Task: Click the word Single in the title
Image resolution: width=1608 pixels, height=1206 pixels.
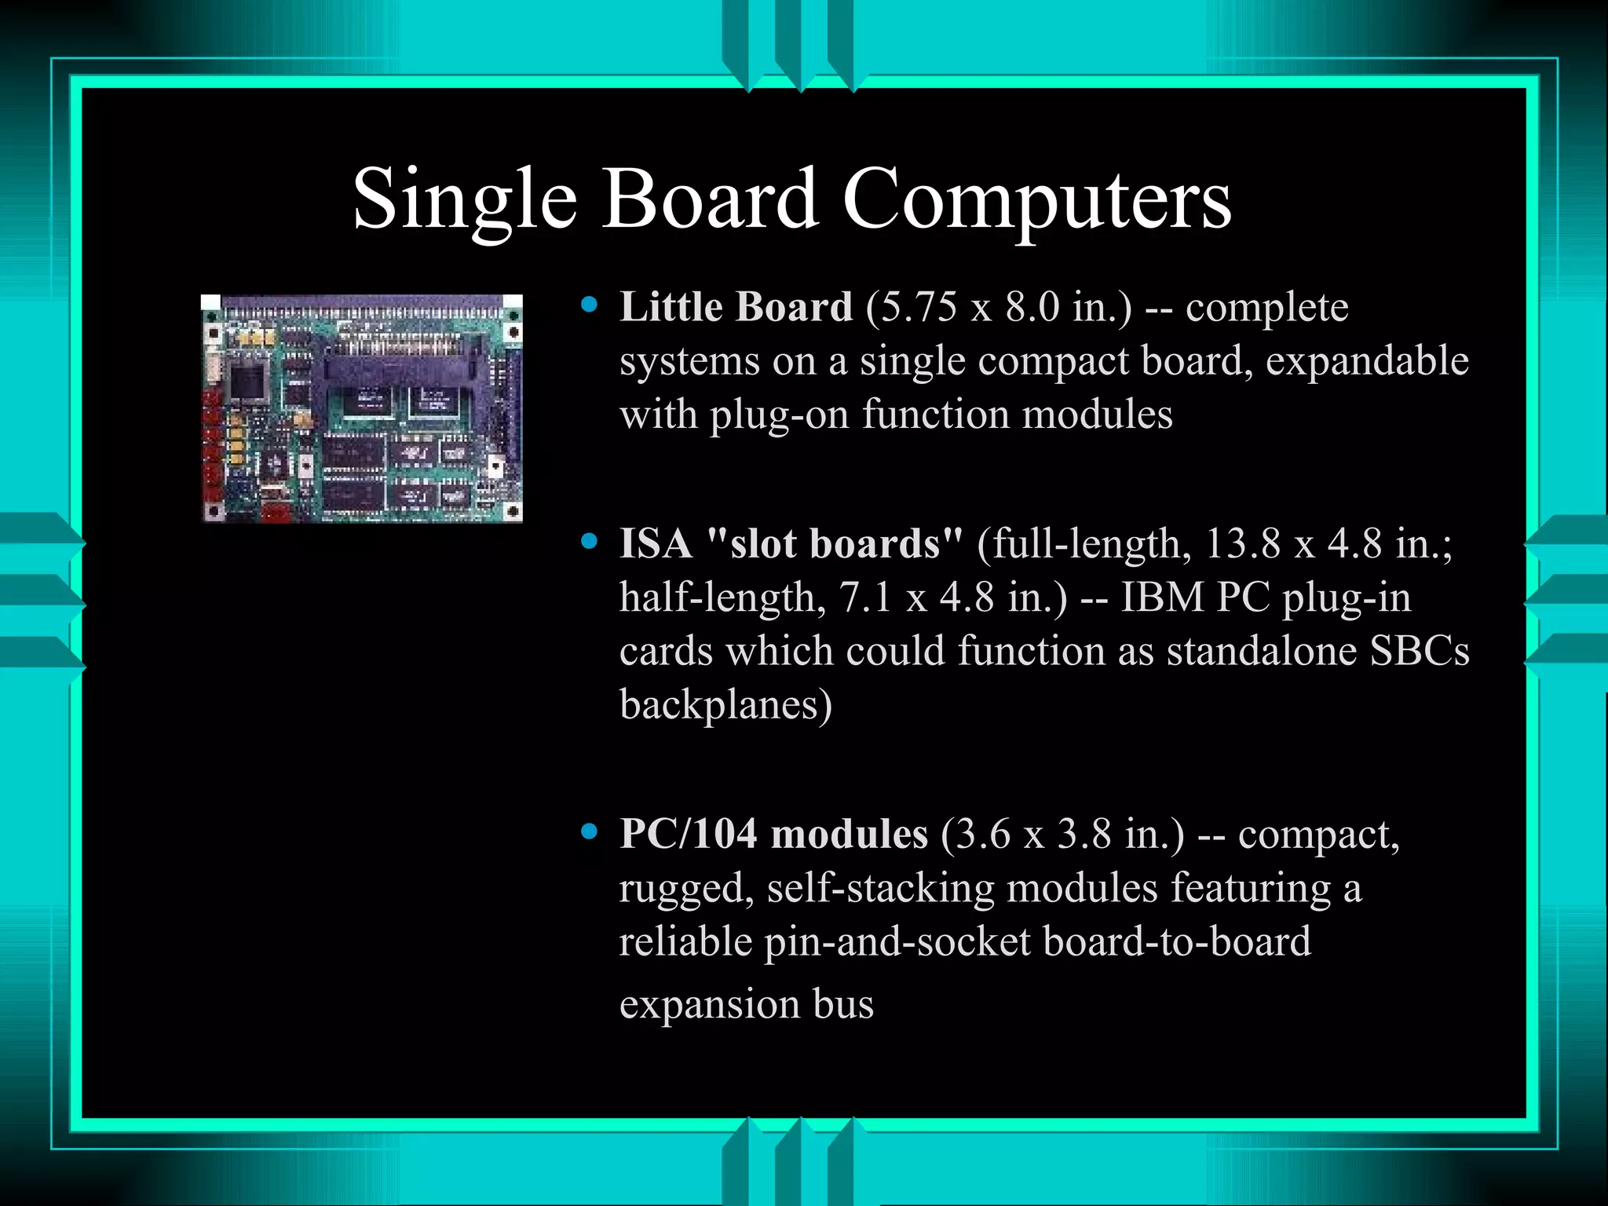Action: coord(465,200)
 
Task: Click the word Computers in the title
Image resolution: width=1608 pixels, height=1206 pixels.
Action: coord(1036,200)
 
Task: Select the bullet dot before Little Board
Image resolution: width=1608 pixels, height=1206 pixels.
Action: coord(590,305)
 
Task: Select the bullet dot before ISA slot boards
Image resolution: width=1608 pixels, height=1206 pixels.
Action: coord(590,541)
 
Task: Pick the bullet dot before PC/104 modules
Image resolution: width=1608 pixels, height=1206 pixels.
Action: coord(590,831)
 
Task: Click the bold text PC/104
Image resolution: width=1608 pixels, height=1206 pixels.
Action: coord(688,834)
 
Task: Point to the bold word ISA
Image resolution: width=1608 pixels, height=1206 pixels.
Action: coord(656,543)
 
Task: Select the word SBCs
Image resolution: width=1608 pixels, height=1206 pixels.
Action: coord(1420,651)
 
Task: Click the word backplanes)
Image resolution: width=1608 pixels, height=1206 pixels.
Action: coord(725,705)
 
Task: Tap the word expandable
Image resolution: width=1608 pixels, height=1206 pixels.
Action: coord(1367,361)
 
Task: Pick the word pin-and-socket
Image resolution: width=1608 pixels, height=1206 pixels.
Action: coord(897,941)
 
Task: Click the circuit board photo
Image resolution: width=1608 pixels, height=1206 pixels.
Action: coord(362,408)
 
